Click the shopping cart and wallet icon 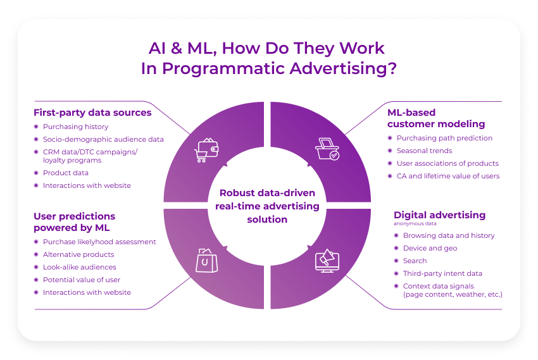206,150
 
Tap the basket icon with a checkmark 327,149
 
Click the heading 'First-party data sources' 92,113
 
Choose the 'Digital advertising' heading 439,215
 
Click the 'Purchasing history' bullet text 75,127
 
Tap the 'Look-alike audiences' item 80,267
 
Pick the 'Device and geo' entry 430,248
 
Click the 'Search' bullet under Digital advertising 415,261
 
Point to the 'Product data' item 66,173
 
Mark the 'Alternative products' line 78,254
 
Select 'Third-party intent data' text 442,273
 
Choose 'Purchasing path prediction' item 444,138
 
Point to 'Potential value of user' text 82,280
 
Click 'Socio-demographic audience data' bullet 103,139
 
